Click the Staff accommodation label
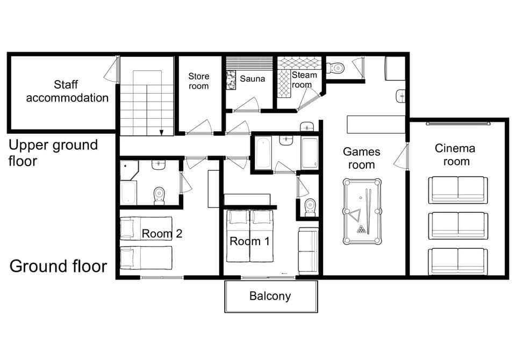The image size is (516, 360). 67,91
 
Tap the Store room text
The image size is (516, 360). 198,81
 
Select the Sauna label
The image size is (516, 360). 252,79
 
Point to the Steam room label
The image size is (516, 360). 304,80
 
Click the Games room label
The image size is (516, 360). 361,159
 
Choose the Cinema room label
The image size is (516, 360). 455,155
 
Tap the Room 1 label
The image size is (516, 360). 250,241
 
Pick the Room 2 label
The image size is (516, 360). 162,234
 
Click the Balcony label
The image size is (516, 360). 270,296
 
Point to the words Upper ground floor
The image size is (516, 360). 54,153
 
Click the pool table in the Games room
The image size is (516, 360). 362,212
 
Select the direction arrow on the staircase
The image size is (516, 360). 161,132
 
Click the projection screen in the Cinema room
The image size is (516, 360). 458,124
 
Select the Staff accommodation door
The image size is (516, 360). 112,70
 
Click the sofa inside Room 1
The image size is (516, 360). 309,250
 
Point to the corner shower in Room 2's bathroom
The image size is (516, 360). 129,169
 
